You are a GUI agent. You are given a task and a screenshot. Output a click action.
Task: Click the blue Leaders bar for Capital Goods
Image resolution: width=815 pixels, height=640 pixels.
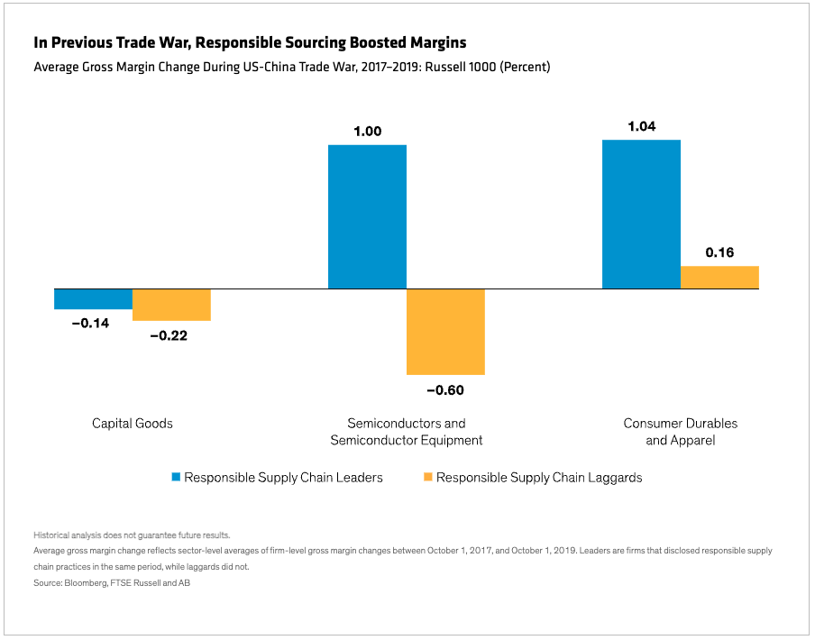93,299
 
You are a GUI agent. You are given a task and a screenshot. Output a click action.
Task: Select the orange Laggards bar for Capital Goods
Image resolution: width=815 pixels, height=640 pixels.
171,305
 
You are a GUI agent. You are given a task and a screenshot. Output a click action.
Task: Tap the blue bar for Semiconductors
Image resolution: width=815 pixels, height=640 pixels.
367,216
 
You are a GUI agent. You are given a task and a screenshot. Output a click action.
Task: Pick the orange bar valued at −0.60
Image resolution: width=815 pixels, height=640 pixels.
445,332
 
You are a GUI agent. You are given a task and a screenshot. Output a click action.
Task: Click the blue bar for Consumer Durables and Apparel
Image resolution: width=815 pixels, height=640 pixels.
641,215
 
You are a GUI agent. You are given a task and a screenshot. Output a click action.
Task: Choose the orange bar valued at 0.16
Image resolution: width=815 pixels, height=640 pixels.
719,278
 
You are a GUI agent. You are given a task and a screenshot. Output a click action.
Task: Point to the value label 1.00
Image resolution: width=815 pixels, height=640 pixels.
367,131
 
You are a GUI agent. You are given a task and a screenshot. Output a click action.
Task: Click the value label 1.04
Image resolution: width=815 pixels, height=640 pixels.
641,126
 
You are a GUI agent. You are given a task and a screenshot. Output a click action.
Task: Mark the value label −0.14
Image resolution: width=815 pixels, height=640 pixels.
90,323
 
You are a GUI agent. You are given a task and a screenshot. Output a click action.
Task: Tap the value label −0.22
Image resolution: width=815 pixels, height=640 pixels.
169,334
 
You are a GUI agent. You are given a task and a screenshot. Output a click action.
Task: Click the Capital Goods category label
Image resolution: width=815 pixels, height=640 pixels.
133,423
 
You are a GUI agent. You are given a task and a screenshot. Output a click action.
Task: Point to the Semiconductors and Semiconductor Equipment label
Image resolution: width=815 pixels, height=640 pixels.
407,432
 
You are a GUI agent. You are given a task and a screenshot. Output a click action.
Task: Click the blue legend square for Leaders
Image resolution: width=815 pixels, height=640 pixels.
176,477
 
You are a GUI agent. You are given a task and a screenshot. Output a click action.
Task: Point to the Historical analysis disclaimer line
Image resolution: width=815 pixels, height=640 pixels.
132,535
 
